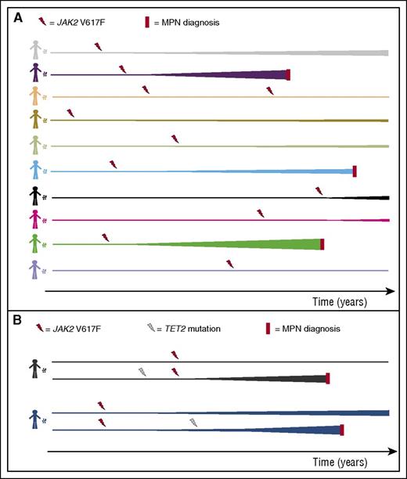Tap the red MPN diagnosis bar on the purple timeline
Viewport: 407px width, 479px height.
tap(289, 74)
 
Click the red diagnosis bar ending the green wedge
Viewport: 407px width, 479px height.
tap(322, 244)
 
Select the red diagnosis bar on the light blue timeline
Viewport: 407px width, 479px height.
tap(355, 171)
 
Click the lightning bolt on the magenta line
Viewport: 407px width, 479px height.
tap(260, 213)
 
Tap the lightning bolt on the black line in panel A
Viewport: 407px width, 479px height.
tap(319, 190)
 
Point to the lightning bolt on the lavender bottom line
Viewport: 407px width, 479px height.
tap(229, 264)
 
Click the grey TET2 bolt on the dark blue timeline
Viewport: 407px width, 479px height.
tap(193, 423)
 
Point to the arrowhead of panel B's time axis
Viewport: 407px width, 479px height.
tap(390, 451)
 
